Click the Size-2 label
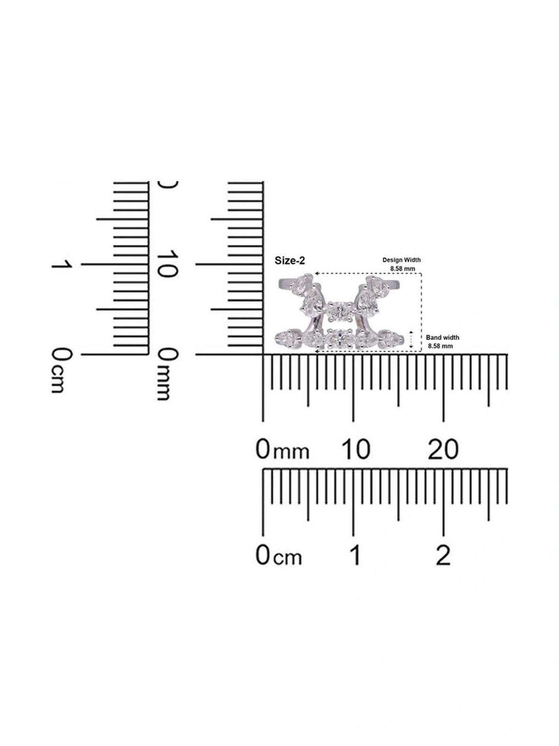[x=290, y=261]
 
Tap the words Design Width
[x=401, y=260]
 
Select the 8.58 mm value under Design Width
[x=402, y=268]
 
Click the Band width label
[x=442, y=338]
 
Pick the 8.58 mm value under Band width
[x=440, y=346]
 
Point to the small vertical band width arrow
[x=411, y=340]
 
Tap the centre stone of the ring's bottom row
[x=338, y=338]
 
